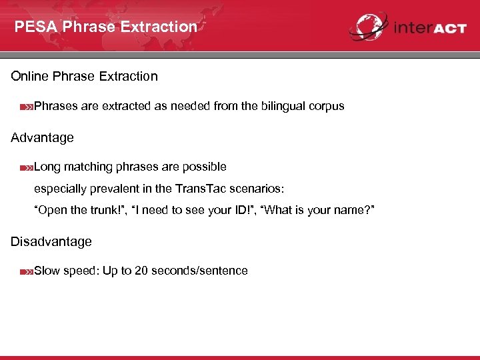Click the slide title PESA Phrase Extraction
(x=106, y=27)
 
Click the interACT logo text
(x=429, y=29)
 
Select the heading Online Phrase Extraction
(x=84, y=76)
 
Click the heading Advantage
(x=42, y=138)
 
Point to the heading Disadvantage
(x=51, y=241)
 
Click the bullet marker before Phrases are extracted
(x=27, y=107)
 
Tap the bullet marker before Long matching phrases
(x=27, y=167)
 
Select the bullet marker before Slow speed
(x=27, y=271)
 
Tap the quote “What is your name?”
(x=319, y=211)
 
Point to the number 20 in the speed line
(x=141, y=271)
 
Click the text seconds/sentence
(x=199, y=271)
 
